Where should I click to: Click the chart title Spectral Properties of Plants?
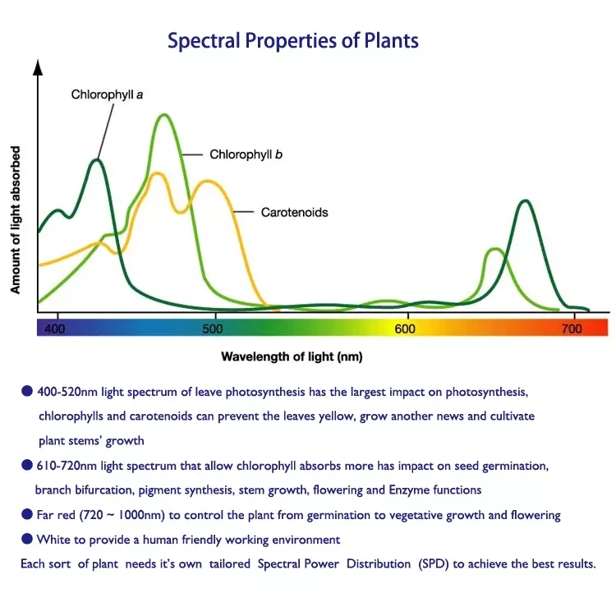[x=293, y=40]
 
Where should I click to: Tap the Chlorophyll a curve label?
[x=107, y=94]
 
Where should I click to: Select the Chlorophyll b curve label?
[x=246, y=154]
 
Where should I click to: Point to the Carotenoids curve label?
[x=294, y=212]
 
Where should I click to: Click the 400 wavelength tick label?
[x=54, y=329]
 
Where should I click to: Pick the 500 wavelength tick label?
[x=212, y=329]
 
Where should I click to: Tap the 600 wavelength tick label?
[x=405, y=329]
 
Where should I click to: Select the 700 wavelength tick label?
[x=572, y=329]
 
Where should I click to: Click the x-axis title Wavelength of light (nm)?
[x=292, y=356]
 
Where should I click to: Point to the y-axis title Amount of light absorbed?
[x=16, y=220]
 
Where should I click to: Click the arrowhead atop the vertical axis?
[x=37, y=67]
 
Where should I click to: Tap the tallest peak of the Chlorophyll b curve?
[x=164, y=115]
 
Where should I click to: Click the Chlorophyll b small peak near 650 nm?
[x=494, y=249]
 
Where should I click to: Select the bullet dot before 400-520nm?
[x=27, y=391]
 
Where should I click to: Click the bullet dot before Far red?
[x=27, y=514]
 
